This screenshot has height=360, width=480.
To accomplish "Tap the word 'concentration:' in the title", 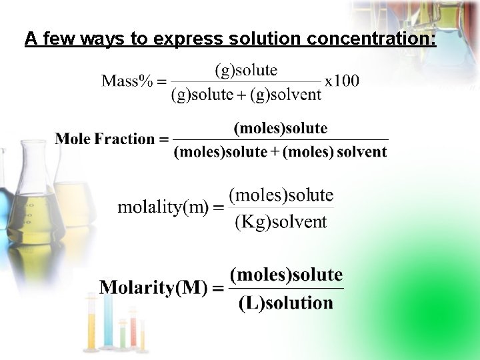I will point(371,39).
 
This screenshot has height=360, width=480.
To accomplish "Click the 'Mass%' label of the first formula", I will point(127,81).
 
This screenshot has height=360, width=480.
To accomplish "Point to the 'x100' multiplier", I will point(342,81).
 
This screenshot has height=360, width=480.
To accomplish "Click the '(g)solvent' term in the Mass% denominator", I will point(286,95).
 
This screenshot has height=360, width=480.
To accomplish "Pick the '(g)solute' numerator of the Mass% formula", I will point(246,69).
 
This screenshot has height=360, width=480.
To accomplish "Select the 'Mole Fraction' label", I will point(105,139).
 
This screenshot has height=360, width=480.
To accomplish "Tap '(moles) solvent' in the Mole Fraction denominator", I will point(335,152).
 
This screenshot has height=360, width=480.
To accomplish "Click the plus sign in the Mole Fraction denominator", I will point(275,152).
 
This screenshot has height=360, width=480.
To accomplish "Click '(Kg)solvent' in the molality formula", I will point(281,222).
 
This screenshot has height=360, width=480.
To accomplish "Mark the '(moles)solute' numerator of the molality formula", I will point(281,195).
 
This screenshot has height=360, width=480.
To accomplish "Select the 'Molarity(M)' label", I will point(153,288).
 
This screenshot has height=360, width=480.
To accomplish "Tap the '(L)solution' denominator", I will point(285,303).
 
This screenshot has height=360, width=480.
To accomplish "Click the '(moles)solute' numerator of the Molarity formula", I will point(286,275).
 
